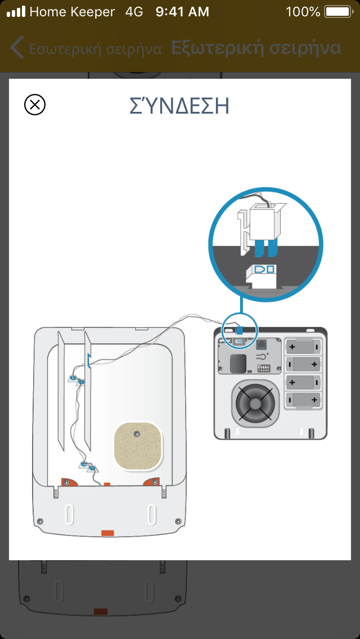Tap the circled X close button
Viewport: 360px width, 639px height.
(x=35, y=105)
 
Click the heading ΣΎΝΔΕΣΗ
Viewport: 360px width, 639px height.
(x=180, y=106)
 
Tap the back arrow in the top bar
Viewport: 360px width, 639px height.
(x=16, y=48)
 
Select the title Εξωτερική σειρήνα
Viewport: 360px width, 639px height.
(x=256, y=48)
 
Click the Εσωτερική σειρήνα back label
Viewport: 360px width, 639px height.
(x=95, y=48)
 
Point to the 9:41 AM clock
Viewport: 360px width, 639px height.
(x=182, y=11)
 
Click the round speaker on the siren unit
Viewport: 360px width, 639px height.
(x=256, y=403)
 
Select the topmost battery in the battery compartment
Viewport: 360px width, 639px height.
(x=304, y=345)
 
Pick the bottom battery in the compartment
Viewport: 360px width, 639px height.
(x=304, y=400)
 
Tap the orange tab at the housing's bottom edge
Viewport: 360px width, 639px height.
(x=107, y=532)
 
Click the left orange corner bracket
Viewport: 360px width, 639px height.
(x=70, y=482)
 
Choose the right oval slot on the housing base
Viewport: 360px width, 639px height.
(x=151, y=514)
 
